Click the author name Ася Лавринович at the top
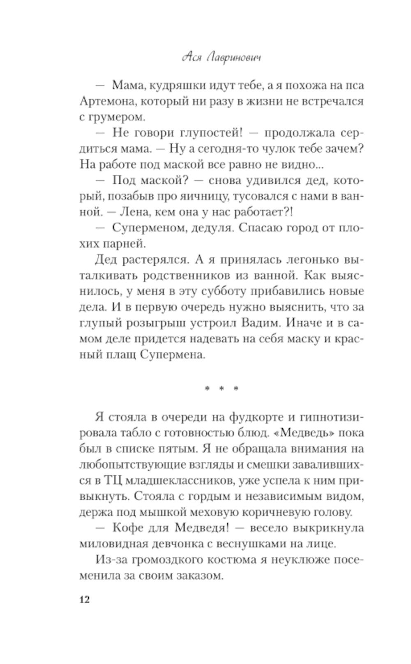[221, 58]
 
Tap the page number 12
[84, 599]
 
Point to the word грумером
[116, 117]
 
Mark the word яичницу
[204, 196]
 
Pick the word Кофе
[128, 528]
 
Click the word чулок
[279, 149]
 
